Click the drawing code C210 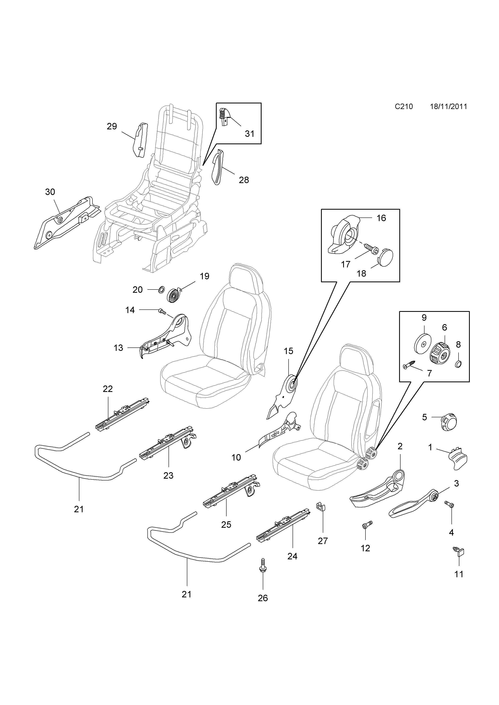point(404,107)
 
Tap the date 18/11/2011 point(448,107)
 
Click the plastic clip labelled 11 point(459,552)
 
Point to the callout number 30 point(50,192)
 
